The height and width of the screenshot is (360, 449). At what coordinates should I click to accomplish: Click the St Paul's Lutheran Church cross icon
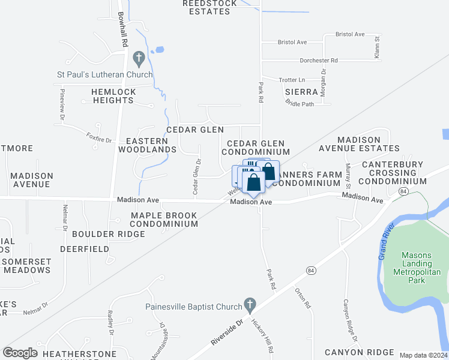coord(139,59)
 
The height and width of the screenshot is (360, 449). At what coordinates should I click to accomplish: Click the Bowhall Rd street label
coord(124,30)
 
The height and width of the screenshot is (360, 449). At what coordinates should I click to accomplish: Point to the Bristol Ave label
coord(292,42)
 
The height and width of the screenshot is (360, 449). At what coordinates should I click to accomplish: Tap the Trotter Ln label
coord(292,80)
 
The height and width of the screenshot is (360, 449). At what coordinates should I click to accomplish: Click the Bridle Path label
coord(300,104)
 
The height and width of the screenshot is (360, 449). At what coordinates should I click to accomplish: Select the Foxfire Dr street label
coord(99,137)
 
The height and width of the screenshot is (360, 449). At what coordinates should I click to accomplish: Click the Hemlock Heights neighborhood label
coord(113,96)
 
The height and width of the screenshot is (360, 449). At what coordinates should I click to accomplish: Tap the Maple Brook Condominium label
coord(164,220)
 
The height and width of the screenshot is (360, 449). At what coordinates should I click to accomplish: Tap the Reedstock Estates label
coord(211,7)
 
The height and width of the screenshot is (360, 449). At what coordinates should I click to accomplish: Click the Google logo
coord(20,353)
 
